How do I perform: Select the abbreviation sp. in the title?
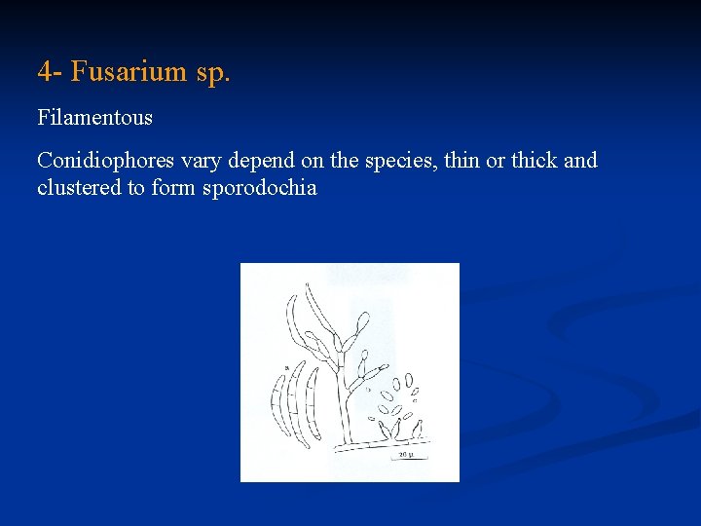coord(212,71)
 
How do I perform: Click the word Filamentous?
coord(95,118)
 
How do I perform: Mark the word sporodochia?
coord(259,188)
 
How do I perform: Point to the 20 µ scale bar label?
coord(406,454)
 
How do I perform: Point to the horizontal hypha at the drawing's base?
coord(380,445)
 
